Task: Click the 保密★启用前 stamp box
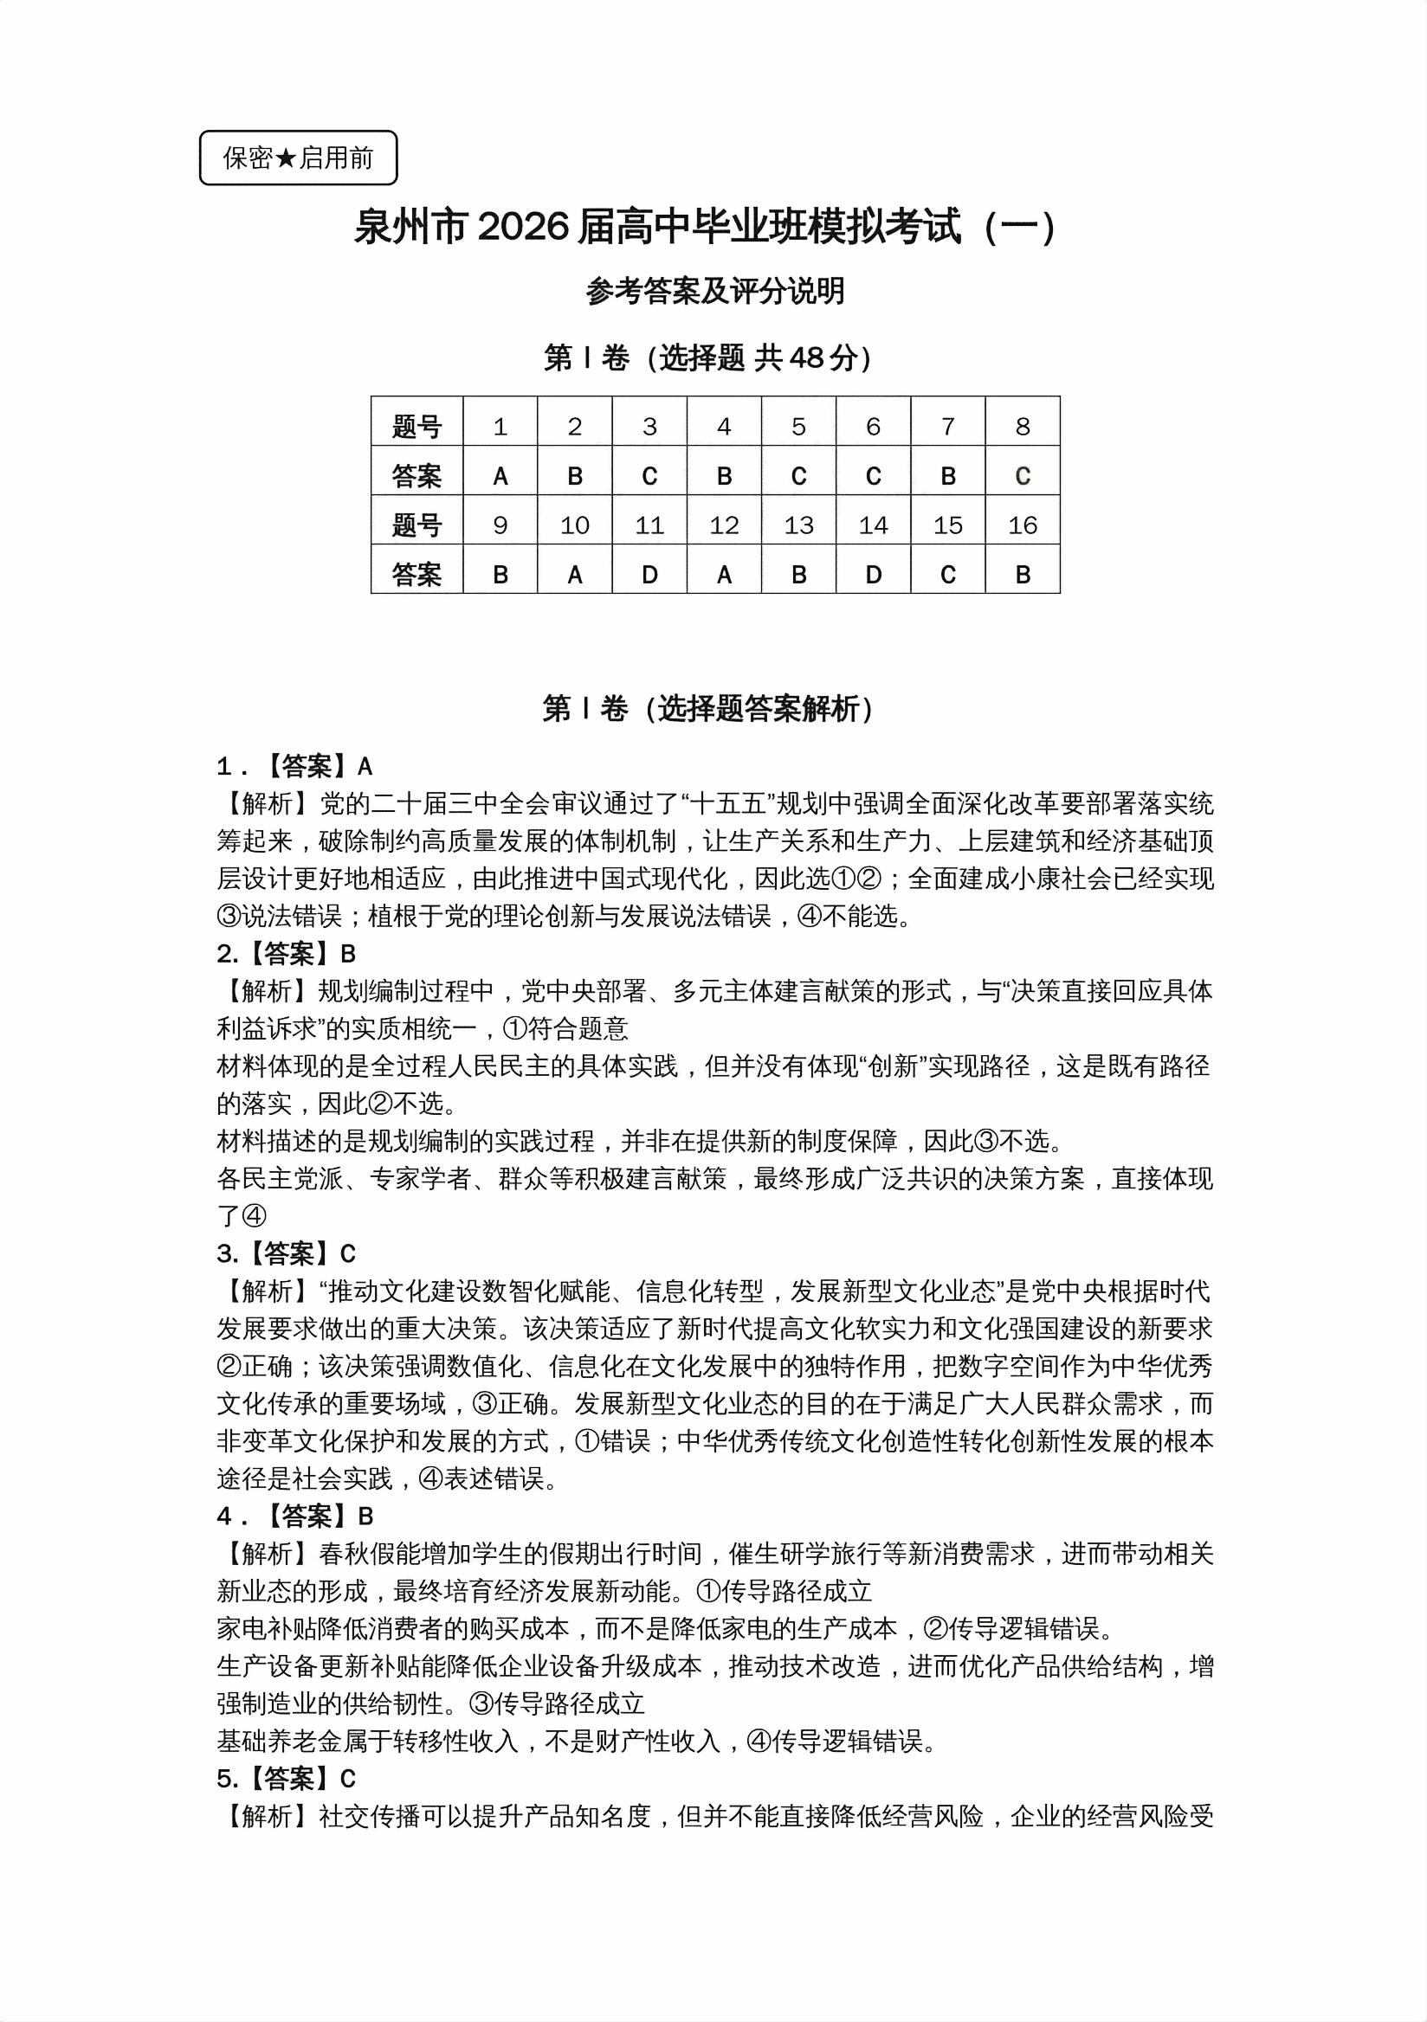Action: click(298, 158)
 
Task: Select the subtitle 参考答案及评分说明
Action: click(714, 291)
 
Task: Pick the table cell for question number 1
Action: click(500, 426)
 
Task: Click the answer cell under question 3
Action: click(649, 476)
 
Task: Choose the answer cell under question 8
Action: click(1022, 476)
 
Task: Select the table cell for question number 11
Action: click(649, 525)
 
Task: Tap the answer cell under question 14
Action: click(873, 575)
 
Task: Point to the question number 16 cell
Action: click(1022, 525)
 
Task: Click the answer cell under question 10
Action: click(574, 575)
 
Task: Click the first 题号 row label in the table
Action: click(416, 427)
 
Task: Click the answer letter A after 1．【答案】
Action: click(365, 767)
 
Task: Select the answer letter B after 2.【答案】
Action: click(347, 955)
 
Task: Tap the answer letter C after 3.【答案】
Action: click(347, 1254)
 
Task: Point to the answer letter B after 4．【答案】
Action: click(365, 1516)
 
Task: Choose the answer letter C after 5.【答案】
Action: click(347, 1779)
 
